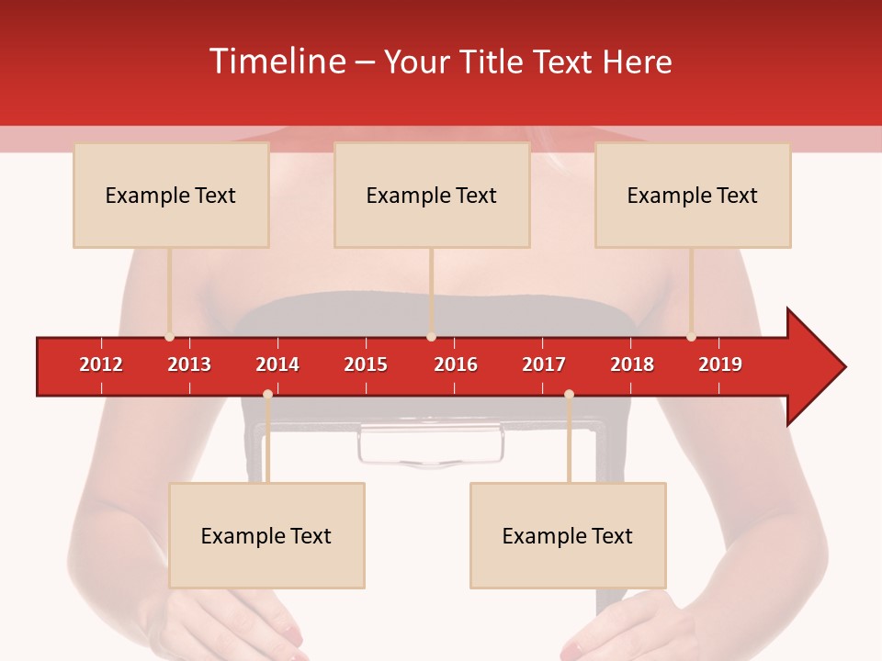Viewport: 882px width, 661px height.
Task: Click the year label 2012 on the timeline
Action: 101,364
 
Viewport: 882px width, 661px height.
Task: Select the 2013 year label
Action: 189,364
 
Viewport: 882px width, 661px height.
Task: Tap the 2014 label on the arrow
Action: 277,364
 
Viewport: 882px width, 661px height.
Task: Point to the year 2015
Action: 366,364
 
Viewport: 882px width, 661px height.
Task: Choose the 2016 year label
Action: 456,364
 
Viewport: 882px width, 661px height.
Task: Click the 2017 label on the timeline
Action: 544,364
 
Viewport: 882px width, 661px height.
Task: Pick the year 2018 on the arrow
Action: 632,364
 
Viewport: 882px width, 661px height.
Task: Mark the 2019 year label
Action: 720,364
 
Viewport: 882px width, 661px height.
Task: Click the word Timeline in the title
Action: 277,62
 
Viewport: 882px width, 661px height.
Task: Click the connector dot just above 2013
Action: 169,337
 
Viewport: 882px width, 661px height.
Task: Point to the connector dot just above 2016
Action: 431,337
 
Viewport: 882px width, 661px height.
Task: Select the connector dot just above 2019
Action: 691,337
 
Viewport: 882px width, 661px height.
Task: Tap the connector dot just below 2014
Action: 267,394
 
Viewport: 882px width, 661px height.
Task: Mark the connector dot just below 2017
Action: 569,394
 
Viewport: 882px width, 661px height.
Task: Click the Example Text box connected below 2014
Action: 266,535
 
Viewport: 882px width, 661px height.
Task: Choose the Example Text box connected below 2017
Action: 568,535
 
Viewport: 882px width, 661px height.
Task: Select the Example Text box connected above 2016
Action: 432,195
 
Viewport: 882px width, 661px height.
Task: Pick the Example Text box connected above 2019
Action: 693,195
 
